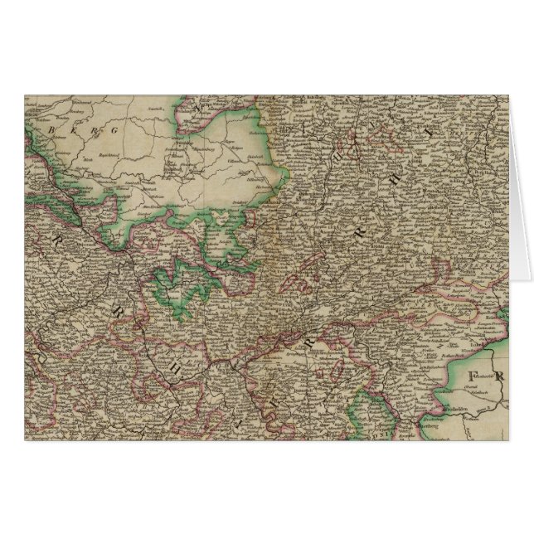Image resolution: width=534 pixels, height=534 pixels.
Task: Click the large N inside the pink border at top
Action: click(x=195, y=107)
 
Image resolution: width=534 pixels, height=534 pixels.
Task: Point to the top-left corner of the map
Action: click(x=24, y=95)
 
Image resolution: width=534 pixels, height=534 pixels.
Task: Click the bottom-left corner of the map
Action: click(x=24, y=439)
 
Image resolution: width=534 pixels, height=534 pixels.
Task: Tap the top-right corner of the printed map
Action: click(x=509, y=95)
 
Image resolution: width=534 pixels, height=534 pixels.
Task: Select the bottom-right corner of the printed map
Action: click(x=509, y=439)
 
